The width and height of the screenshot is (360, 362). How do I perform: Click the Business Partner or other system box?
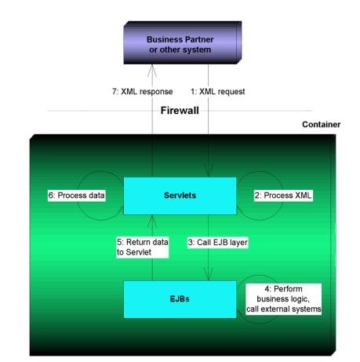pos(182,42)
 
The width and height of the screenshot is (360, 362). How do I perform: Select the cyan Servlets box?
pos(180,196)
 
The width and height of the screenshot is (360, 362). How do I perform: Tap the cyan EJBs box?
pos(180,299)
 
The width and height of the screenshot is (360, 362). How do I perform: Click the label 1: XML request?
pos(217,92)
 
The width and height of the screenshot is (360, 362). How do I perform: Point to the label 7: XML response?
pos(143,92)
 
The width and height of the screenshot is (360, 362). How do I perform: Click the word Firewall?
pos(180,111)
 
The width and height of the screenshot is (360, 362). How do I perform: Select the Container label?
pos(322,124)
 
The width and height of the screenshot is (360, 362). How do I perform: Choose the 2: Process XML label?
pos(283,196)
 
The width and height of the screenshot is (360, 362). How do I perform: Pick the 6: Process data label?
pos(77,196)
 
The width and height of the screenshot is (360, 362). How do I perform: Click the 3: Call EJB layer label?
pos(217,243)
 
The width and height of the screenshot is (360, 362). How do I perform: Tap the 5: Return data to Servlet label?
pos(143,247)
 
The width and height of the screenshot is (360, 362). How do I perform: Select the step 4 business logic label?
pos(284,299)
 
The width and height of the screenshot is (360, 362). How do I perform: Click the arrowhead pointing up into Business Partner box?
pos(152,71)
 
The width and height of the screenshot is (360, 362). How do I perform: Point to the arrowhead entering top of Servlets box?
pos(209,171)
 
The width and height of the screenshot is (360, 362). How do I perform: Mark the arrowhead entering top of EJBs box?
pos(209,274)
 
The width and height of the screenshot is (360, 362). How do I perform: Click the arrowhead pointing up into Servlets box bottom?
pos(152,221)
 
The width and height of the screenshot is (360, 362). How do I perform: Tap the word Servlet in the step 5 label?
pos(139,252)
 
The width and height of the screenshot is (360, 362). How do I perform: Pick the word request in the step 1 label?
pos(231,92)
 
